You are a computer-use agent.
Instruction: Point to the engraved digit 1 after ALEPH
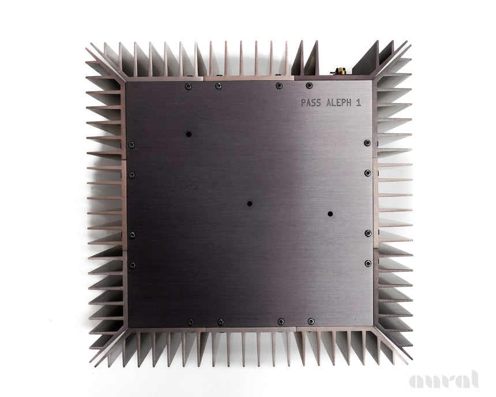click(358, 103)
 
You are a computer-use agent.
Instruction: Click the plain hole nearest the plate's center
click(250, 204)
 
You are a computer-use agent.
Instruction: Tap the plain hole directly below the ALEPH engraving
click(330, 214)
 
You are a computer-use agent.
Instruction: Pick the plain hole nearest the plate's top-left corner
click(189, 134)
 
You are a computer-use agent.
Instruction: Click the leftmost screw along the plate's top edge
click(188, 86)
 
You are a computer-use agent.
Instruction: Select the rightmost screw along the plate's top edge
click(309, 85)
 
